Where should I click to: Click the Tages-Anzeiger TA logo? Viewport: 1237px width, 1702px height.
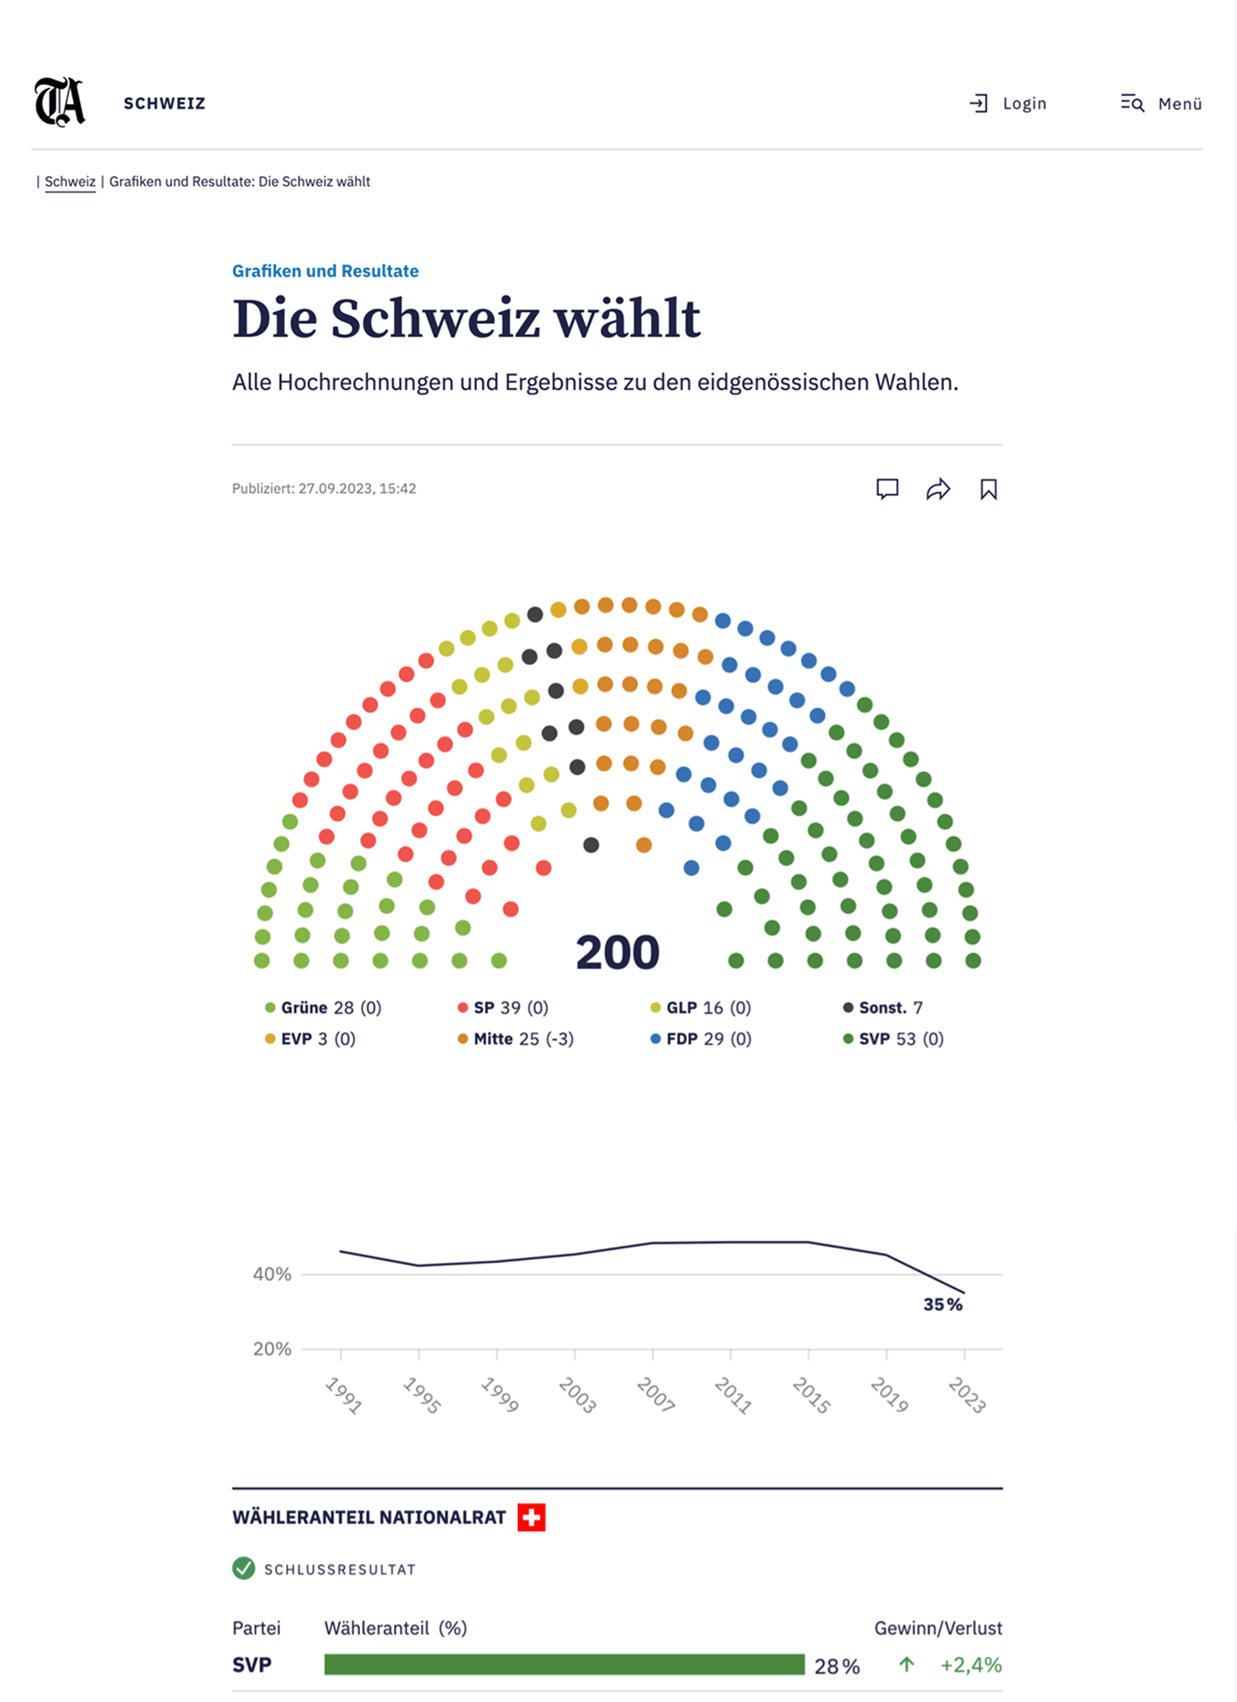coord(60,102)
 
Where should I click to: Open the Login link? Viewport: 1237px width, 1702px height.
coord(1008,104)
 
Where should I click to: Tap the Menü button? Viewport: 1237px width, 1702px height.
coord(1161,104)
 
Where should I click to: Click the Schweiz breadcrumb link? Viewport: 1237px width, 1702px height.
coord(70,181)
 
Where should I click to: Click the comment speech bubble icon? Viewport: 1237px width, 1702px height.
coord(887,489)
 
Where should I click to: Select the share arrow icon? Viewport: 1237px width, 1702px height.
coord(938,489)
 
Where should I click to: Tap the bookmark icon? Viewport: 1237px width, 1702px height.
coord(989,489)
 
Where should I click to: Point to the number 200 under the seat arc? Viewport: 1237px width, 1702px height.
coord(617,952)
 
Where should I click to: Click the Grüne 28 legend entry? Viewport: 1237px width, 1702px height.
coord(323,1007)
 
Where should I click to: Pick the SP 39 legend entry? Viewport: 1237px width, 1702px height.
coord(503,1007)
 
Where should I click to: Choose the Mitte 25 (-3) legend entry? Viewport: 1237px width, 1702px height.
coord(516,1039)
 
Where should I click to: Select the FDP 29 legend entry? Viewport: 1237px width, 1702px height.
coord(701,1039)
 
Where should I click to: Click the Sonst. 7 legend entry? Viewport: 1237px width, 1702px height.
coord(883,1007)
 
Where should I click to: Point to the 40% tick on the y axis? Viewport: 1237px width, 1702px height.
coord(272,1274)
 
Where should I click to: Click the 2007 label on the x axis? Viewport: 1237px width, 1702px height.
coord(655,1394)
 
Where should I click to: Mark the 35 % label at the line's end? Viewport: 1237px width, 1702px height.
coord(942,1304)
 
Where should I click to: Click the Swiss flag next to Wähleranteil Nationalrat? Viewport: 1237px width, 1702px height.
coord(532,1517)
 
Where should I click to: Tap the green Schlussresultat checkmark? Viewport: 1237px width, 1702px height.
coord(244,1569)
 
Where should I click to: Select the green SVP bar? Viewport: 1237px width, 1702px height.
coord(564,1665)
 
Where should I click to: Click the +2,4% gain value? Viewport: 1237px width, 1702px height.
coord(971,1665)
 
